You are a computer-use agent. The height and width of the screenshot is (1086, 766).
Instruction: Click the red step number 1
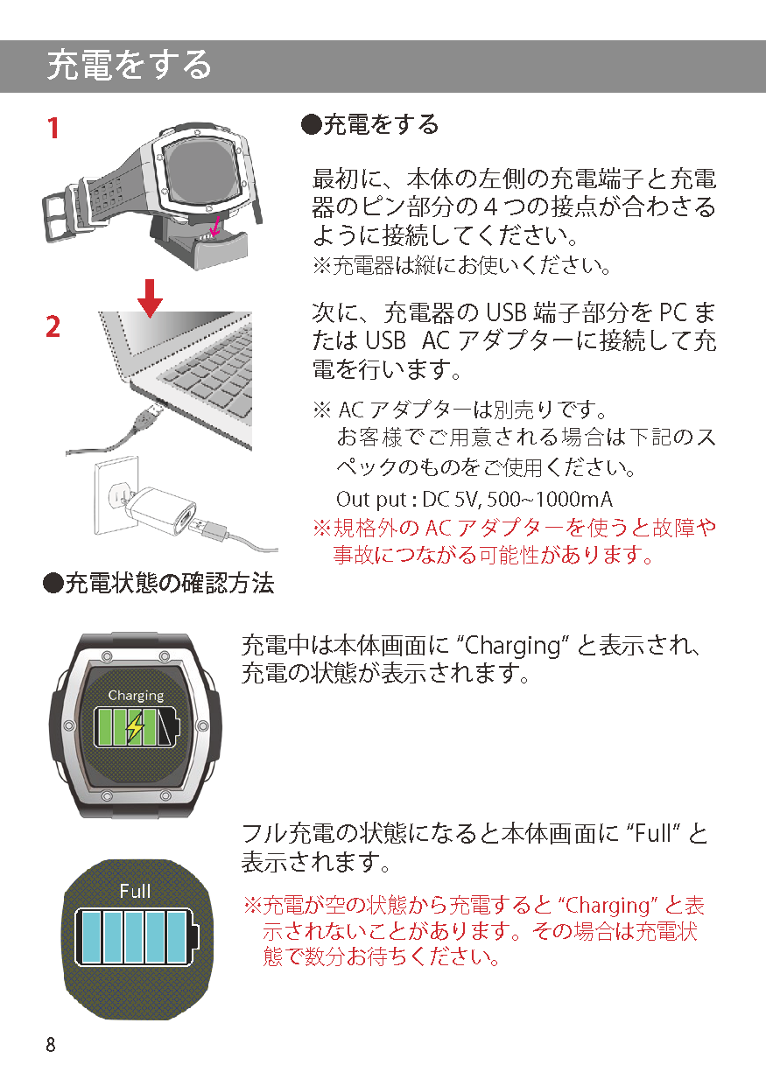53,128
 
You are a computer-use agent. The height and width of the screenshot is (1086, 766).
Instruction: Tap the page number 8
51,1045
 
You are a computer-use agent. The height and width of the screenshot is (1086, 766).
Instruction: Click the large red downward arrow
150,298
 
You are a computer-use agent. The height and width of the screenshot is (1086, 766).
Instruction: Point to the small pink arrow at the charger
214,228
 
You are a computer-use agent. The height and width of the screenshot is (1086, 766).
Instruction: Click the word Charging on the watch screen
136,696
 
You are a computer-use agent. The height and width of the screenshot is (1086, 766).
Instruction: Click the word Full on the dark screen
135,891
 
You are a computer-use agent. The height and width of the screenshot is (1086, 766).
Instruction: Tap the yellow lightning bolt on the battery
135,727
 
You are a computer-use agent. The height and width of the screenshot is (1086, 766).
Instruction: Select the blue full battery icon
137,937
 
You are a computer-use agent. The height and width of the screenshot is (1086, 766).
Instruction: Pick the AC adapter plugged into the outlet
160,510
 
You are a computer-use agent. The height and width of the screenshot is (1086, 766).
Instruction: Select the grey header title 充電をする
129,66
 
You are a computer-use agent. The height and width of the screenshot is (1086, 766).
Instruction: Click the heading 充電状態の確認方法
170,583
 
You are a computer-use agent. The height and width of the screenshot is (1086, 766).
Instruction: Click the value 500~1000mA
550,499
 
